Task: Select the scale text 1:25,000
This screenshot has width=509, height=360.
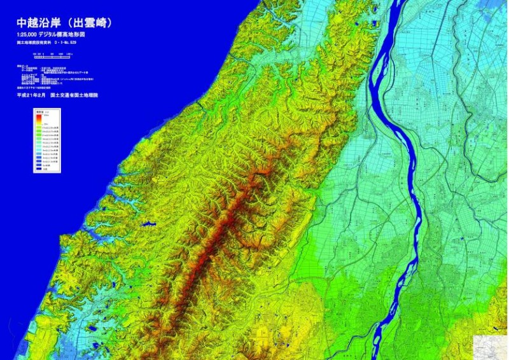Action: pos(30,34)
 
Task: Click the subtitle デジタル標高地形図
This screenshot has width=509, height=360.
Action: pos(64,34)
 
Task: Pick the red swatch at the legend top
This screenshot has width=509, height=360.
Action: pos(38,118)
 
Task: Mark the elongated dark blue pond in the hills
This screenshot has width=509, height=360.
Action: pos(148,224)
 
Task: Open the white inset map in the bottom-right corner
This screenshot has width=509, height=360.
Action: pos(491,347)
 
